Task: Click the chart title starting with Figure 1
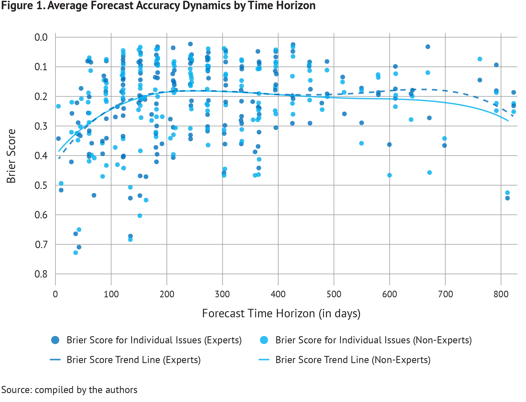[158, 6]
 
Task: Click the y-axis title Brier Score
[11, 156]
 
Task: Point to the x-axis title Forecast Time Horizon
[281, 313]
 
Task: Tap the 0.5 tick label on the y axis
[41, 185]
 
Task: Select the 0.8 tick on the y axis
[41, 274]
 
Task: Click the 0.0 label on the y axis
[41, 37]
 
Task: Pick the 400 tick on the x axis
[278, 294]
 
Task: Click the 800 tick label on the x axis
[501, 294]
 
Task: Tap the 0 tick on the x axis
[55, 294]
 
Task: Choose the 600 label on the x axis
[390, 294]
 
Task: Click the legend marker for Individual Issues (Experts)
[55, 340]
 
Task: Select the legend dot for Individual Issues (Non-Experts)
[264, 340]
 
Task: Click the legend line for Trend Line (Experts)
[55, 360]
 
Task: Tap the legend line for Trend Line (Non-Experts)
[264, 360]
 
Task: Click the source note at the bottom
[69, 390]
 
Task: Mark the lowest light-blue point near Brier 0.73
[76, 253]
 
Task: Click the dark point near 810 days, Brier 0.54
[508, 198]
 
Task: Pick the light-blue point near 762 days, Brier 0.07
[480, 59]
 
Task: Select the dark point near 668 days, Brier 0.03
[428, 47]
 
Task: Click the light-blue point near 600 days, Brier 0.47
[390, 175]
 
